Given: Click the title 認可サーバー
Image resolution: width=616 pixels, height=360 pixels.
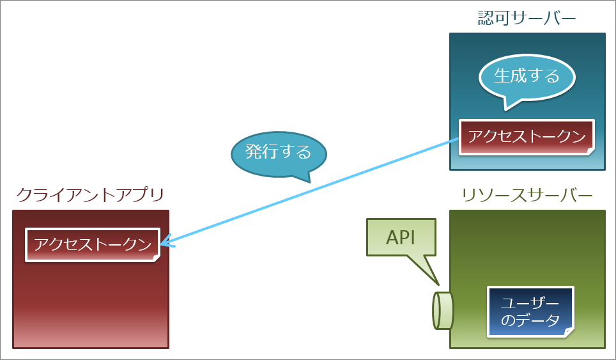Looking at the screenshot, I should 527,17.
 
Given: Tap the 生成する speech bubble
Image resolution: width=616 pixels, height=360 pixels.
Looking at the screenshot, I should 527,77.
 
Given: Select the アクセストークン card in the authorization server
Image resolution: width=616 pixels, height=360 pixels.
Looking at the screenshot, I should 527,136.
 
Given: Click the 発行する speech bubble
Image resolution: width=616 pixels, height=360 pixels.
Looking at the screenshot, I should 278,152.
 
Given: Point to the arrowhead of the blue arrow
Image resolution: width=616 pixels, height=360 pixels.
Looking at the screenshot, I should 164,243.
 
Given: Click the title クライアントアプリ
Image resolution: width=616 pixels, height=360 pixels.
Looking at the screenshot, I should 90,194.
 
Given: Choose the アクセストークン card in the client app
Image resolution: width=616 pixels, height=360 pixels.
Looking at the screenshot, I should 92,244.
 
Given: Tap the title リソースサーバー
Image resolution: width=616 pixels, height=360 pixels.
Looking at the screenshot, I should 527,194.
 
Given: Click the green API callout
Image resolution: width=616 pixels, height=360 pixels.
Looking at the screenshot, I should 401,238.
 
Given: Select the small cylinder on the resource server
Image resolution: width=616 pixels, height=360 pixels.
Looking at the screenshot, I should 443,310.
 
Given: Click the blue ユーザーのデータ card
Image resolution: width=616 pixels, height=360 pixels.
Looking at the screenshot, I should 530,311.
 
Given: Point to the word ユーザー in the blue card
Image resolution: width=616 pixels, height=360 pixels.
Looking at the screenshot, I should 530,303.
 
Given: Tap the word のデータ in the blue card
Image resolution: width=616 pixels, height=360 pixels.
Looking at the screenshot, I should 530,320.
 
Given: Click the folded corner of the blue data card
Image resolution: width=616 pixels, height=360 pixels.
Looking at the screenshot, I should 568,331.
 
